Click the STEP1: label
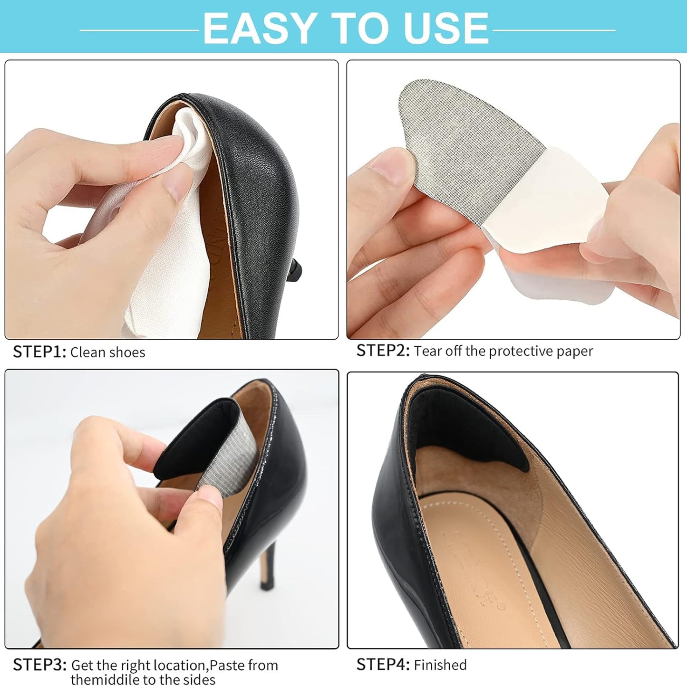click(39, 352)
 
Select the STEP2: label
click(383, 351)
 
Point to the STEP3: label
click(39, 665)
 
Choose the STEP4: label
click(383, 664)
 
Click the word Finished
click(440, 665)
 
